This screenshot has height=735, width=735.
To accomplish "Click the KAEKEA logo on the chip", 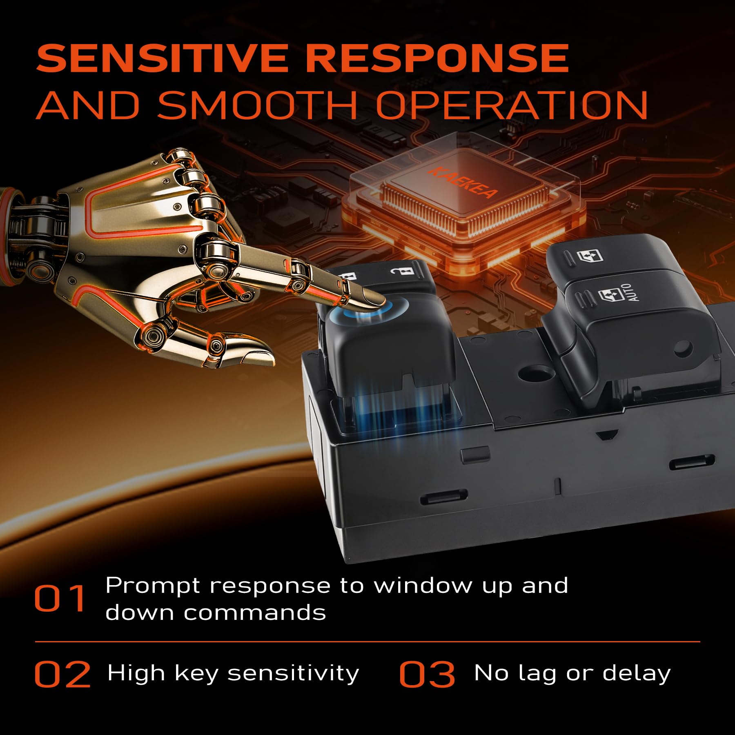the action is (463, 183).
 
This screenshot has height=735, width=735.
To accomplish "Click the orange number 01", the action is (60, 598).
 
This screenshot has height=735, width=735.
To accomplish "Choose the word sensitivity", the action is (293, 674).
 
